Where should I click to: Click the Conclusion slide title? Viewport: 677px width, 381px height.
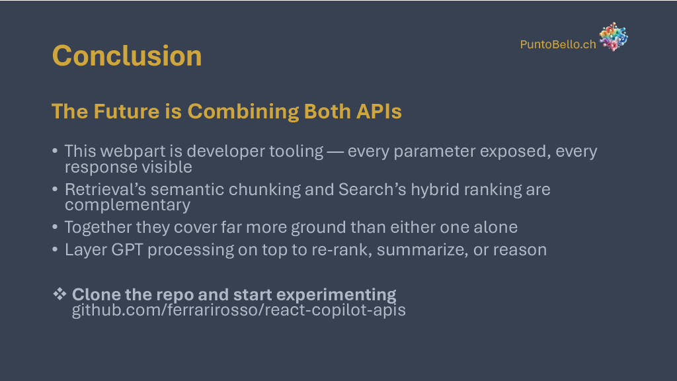[127, 56]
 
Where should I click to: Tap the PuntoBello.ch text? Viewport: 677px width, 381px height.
[558, 44]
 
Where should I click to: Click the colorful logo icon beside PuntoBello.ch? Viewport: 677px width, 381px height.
[614, 37]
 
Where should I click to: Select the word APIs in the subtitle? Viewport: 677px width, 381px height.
[379, 111]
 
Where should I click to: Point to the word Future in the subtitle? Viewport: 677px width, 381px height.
[126, 111]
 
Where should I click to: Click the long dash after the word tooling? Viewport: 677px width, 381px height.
[335, 152]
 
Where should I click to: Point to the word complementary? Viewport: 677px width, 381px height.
[128, 206]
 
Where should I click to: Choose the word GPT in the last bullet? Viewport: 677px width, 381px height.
[127, 249]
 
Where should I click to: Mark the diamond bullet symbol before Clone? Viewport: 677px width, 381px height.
[60, 294]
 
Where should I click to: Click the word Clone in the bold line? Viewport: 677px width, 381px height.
[96, 294]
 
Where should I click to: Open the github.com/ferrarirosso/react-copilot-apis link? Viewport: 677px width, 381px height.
[239, 310]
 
